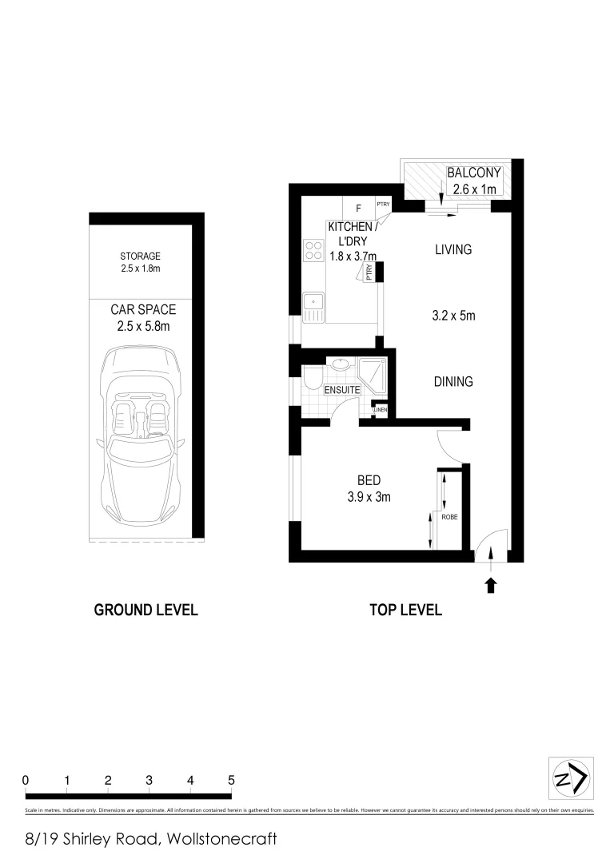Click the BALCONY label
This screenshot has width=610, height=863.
[x=473, y=173]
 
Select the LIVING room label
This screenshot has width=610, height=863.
[x=453, y=250]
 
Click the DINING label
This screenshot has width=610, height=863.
[x=453, y=382]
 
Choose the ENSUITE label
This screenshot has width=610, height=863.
[x=342, y=390]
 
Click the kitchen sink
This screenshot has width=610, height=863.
[x=313, y=305]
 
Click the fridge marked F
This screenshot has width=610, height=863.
[x=358, y=209]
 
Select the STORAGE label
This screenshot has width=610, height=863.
[x=141, y=257]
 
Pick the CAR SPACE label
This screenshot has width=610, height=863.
[x=143, y=309]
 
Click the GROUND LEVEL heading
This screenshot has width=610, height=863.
[x=146, y=610]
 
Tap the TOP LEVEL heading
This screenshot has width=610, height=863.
[x=405, y=610]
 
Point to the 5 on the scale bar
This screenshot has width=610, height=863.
[x=231, y=780]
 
